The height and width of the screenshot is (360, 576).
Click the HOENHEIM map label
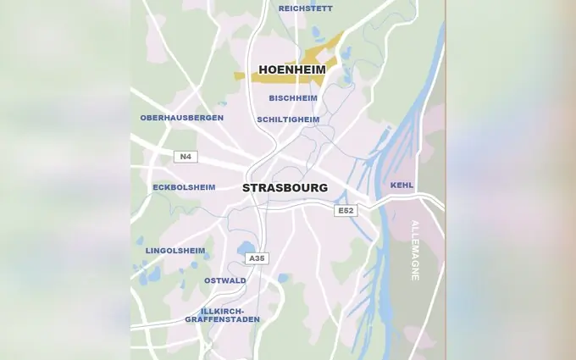pyautogui.click(x=291, y=69)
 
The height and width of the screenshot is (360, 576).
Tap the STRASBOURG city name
pyautogui.click(x=285, y=188)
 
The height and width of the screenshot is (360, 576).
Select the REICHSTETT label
pyautogui.click(x=305, y=8)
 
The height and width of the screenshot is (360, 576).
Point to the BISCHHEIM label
pyautogui.click(x=293, y=98)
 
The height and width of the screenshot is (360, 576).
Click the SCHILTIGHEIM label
pyautogui.click(x=288, y=119)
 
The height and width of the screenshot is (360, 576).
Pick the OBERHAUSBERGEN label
pyautogui.click(x=181, y=118)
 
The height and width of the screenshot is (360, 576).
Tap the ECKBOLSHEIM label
pyautogui.click(x=184, y=187)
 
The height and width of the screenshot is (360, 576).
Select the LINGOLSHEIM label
pyautogui.click(x=175, y=251)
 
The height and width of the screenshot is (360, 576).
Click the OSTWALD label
pyautogui.click(x=225, y=280)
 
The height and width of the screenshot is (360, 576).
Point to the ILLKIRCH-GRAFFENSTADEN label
pyautogui.click(x=223, y=315)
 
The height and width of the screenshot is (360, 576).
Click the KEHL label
pyautogui.click(x=402, y=185)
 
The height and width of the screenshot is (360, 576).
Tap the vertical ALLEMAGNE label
pyautogui.click(x=415, y=251)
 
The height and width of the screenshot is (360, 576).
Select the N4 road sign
pyautogui.click(x=185, y=157)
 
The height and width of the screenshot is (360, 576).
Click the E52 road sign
pyautogui.click(x=345, y=210)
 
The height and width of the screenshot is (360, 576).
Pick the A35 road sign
pyautogui.click(x=257, y=258)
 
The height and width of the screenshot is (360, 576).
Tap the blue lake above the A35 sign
pyautogui.click(x=246, y=247)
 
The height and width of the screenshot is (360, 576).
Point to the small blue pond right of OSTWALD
pyautogui.click(x=283, y=278)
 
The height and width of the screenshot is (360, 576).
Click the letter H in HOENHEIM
pyautogui.click(x=263, y=69)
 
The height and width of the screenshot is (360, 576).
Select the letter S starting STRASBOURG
pyautogui.click(x=246, y=188)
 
